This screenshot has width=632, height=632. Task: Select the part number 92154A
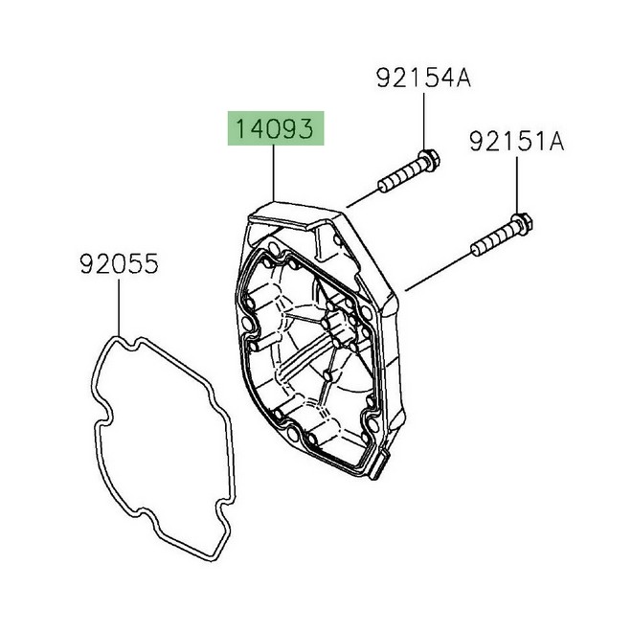[x=423, y=79]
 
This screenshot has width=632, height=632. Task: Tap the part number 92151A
[x=517, y=144]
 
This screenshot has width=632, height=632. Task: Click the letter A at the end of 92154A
[x=462, y=79]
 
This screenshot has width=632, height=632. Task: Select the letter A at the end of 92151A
[x=555, y=144]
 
